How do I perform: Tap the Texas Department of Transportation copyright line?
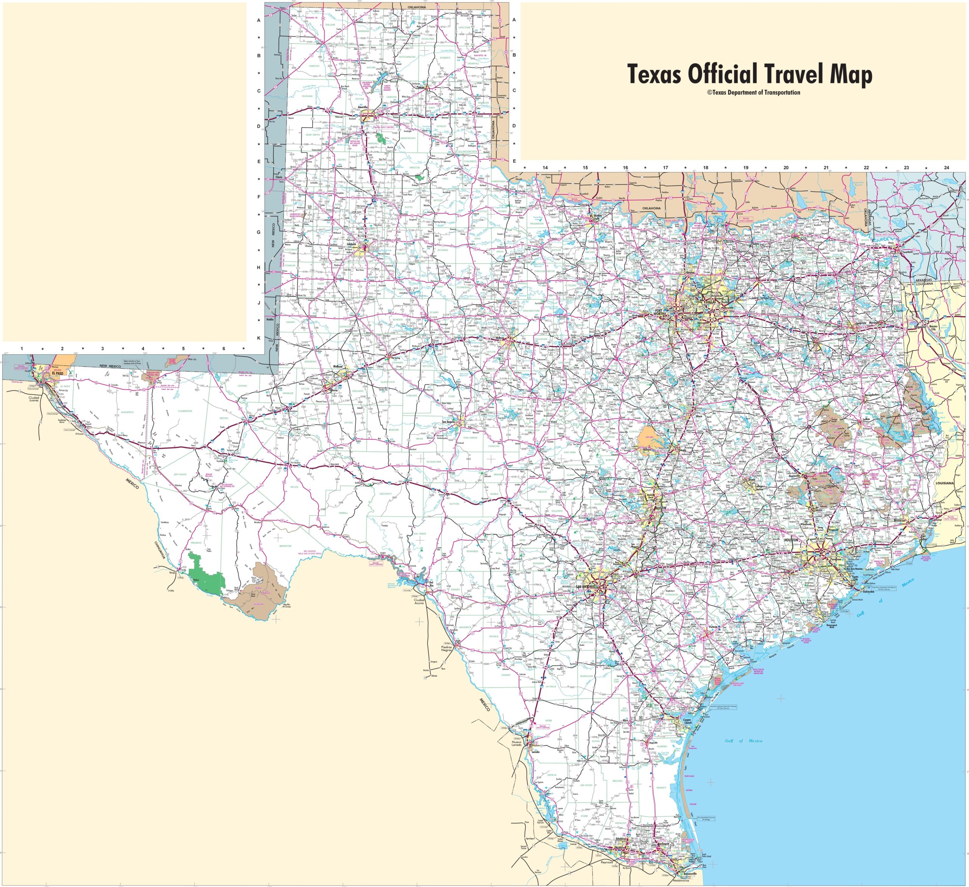coord(754,93)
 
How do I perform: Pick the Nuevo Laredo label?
coord(516,744)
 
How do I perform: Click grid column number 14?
coord(545,168)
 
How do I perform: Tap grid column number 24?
coord(946,168)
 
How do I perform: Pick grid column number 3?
coord(102,349)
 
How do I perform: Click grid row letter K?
coord(259,338)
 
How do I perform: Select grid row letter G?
coord(259,232)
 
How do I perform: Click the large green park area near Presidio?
coord(207,572)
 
